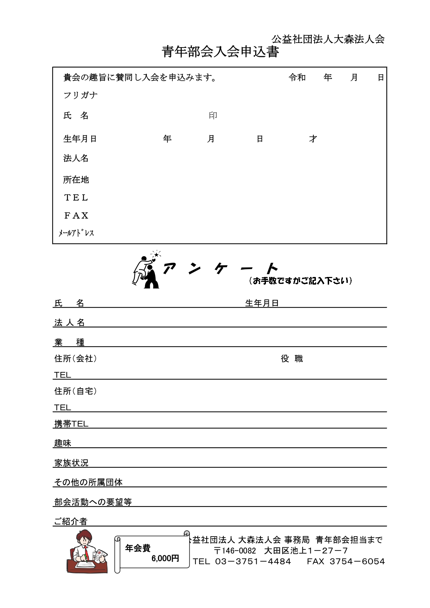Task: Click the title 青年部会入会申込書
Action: tap(220, 52)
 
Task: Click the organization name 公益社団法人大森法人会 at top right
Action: tap(328, 39)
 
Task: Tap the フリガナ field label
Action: tap(80, 95)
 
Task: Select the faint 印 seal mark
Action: tap(213, 115)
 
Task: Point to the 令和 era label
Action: tap(297, 77)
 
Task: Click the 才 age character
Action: tap(313, 139)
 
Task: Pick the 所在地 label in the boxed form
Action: tap(76, 180)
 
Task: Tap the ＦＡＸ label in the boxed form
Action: tap(76, 216)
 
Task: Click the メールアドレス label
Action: tap(76, 233)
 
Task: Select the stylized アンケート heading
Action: tap(220, 268)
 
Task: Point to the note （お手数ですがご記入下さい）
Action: tap(300, 281)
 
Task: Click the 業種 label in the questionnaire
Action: tap(69, 342)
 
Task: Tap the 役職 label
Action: tap(292, 359)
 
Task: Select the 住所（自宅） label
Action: tap(76, 391)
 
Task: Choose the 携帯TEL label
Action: tap(71, 424)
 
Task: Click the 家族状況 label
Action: tap(71, 463)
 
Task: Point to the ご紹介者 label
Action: tap(71, 521)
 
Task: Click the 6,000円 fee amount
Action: tap(165, 558)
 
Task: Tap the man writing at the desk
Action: tap(87, 553)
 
